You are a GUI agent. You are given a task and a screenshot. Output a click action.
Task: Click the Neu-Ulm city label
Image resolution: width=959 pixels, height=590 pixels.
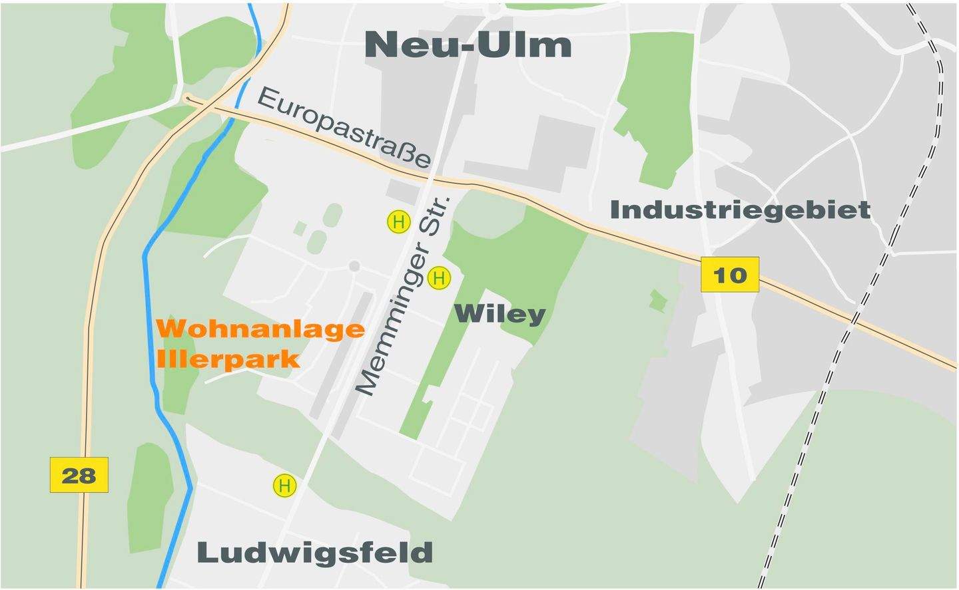[x=468, y=45]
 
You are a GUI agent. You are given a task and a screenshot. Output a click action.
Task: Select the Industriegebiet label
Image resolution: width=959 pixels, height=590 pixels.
[x=740, y=210]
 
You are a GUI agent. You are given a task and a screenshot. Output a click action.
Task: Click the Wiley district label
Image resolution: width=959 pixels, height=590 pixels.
[x=499, y=314]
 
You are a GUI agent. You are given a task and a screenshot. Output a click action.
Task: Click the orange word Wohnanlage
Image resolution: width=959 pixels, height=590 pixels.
[x=260, y=329]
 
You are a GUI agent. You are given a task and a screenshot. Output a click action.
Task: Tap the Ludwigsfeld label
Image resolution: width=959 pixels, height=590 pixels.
[x=315, y=553]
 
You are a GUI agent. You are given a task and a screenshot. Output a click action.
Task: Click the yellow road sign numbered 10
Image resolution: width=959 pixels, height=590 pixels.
[x=729, y=275]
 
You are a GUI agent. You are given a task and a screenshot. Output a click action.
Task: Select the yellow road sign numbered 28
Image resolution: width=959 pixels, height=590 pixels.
[x=79, y=475]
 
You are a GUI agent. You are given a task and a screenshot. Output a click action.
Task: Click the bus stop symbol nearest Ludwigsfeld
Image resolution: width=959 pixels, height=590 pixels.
[x=284, y=486]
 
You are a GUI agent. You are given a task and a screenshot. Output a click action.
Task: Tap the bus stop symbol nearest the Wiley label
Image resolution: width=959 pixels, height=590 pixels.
[x=438, y=278]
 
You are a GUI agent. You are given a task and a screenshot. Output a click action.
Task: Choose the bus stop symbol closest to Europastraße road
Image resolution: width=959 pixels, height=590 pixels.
[x=398, y=221]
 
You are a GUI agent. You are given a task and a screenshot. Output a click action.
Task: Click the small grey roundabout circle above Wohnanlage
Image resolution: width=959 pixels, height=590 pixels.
[x=354, y=266]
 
